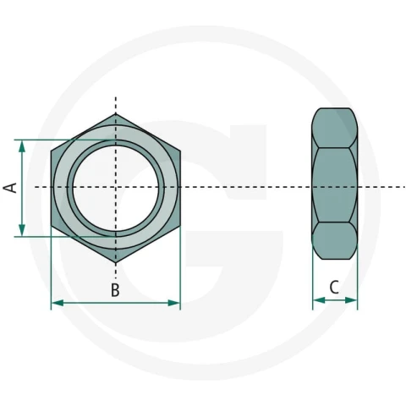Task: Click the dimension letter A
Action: click(x=10, y=188)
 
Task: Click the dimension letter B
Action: click(x=115, y=290)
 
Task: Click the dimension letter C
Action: click(x=334, y=288)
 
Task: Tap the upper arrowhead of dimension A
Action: click(x=22, y=146)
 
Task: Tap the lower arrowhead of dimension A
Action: click(x=22, y=230)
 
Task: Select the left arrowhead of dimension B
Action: click(x=58, y=303)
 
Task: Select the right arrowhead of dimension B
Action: click(x=173, y=303)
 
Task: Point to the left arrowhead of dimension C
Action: click(x=319, y=300)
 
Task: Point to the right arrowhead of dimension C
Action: click(x=351, y=300)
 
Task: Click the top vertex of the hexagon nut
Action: click(x=116, y=113)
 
